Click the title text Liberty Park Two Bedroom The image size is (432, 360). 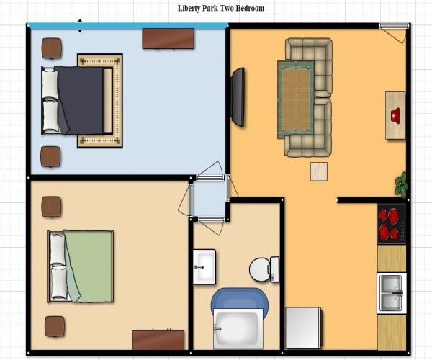[221, 9]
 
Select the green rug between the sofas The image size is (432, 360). [295, 98]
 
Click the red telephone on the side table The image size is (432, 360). [395, 115]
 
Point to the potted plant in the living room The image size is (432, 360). [401, 184]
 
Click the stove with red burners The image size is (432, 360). [391, 224]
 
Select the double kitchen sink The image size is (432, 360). [392, 292]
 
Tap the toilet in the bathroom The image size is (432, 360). [264, 269]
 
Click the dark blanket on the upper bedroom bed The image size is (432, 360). [81, 99]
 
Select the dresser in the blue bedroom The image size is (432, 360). [168, 38]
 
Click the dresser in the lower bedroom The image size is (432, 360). [158, 340]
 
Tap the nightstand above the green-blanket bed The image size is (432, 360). [52, 207]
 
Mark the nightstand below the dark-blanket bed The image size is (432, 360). [51, 156]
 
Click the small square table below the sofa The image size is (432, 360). [318, 171]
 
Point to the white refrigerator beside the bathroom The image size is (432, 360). [302, 328]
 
